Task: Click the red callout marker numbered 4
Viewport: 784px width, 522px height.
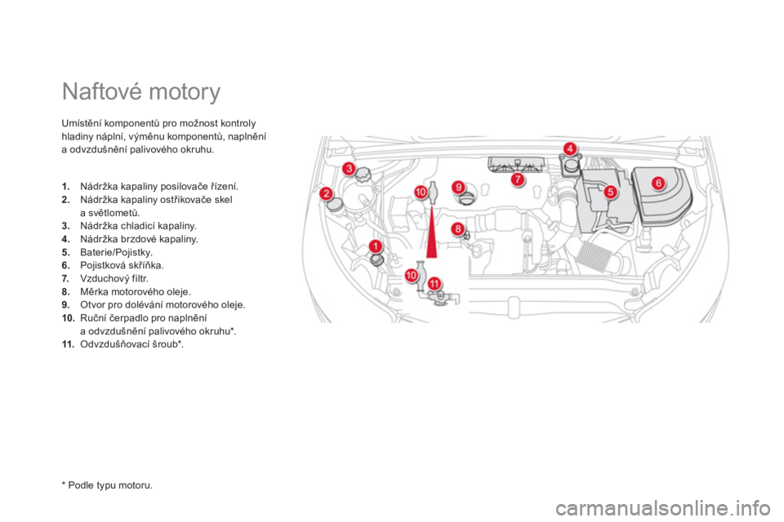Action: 569,148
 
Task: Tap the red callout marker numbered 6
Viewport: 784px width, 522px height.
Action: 658,183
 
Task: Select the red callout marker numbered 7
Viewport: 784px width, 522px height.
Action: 518,179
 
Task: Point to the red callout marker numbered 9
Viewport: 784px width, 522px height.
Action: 458,188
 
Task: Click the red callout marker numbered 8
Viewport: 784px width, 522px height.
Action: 457,228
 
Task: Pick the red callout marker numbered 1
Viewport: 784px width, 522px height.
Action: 375,246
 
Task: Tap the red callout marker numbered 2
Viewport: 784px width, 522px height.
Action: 327,193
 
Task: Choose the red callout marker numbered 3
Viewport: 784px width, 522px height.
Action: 349,168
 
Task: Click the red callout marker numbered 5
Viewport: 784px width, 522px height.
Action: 610,192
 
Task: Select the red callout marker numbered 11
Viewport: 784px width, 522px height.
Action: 434,284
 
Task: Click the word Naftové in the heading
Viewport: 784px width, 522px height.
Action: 103,92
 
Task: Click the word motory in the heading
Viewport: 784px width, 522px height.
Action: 185,93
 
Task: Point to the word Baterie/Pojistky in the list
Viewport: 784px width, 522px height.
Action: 116,252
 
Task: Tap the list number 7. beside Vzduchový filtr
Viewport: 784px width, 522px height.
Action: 65,278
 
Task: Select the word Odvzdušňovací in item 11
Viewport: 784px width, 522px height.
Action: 112,344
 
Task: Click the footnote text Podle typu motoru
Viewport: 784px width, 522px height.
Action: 110,485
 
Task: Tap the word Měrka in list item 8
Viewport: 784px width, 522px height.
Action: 92,292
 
